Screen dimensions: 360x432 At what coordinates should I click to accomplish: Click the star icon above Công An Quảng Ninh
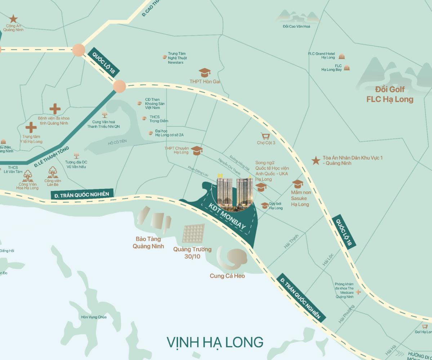point(13,19)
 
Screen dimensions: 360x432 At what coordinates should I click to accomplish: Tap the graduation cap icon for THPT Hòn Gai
point(204,72)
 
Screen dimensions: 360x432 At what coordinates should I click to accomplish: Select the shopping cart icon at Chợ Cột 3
point(266,136)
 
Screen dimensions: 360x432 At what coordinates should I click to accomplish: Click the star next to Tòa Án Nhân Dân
point(316,161)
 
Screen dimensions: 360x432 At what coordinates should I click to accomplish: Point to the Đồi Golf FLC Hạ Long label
point(390,94)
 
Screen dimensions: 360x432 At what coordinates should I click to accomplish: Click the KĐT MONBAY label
point(227,217)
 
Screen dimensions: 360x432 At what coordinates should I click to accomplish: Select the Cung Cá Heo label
point(227,276)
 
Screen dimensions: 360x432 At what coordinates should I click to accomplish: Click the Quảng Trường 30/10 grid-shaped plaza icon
point(193,234)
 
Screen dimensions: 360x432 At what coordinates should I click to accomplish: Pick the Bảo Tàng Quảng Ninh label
point(148,243)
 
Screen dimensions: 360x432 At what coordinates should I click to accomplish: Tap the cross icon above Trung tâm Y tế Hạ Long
point(31,127)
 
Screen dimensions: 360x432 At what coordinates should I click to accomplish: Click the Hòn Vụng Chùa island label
point(94,317)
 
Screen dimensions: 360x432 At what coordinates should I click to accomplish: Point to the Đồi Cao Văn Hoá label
point(297,26)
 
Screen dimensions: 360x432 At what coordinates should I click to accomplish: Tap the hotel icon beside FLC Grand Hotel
point(342,57)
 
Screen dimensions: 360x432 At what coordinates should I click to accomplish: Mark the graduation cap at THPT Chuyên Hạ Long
point(197,151)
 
